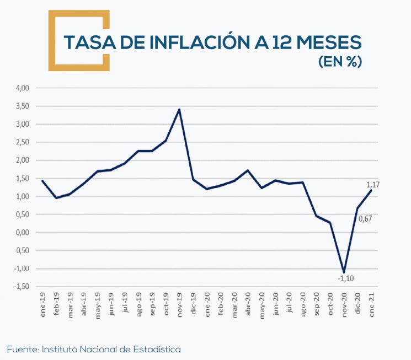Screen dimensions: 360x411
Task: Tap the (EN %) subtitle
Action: [x=340, y=62]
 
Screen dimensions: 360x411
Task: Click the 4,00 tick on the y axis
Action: [x=22, y=88]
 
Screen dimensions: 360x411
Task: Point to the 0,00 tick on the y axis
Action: [x=22, y=233]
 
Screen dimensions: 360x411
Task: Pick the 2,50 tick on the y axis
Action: [x=22, y=142]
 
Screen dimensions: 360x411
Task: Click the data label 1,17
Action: [x=373, y=184]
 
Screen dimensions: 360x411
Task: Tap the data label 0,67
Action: [x=366, y=219]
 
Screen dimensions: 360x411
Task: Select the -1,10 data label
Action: [x=346, y=279]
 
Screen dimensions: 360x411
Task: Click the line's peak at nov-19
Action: [x=179, y=109]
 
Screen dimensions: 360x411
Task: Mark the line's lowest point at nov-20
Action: [x=344, y=272]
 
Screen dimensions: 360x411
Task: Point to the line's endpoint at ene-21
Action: [x=371, y=190]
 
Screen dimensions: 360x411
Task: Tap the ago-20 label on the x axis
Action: [x=303, y=304]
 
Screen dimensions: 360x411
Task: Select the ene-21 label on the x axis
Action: [x=372, y=304]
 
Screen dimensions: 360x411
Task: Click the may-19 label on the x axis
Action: [x=98, y=304]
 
